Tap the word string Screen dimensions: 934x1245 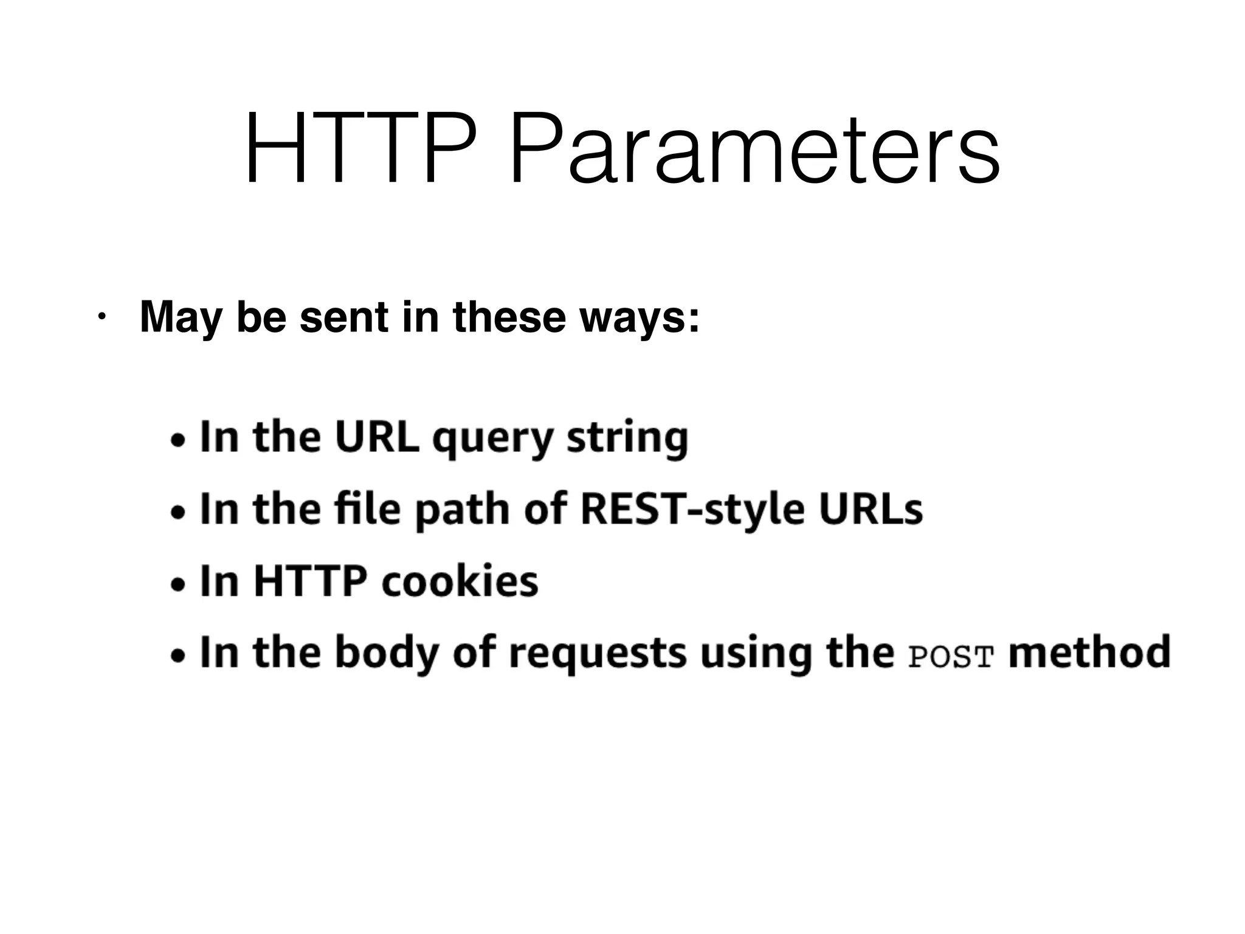[627, 439]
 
